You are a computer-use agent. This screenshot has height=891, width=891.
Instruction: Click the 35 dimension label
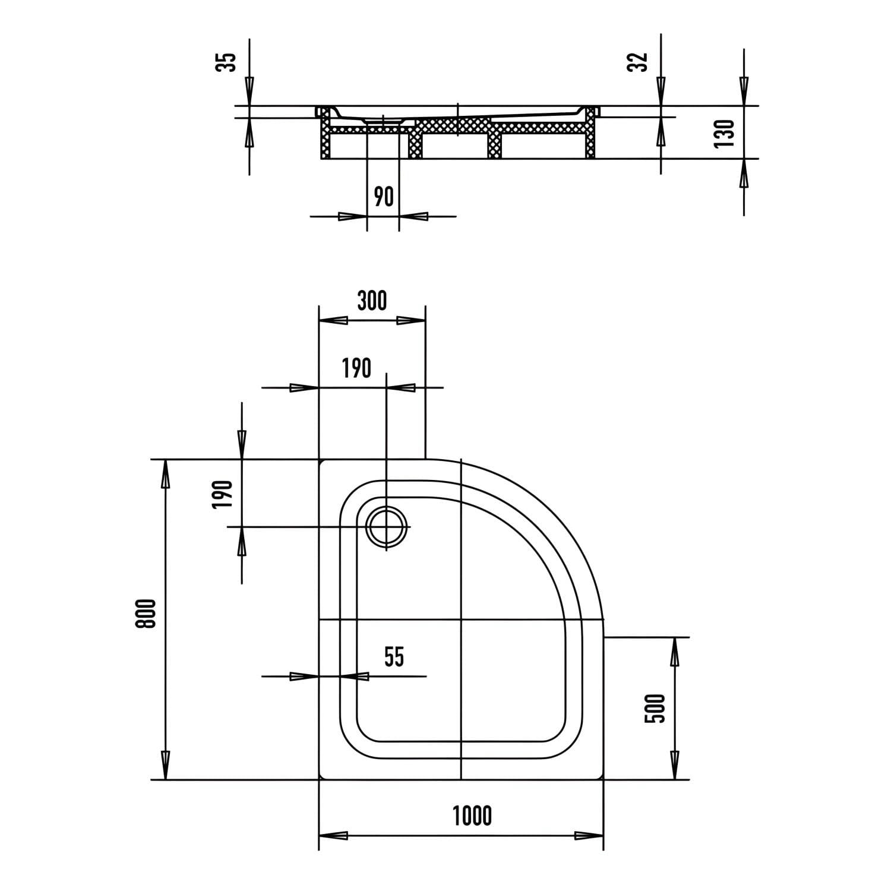226,62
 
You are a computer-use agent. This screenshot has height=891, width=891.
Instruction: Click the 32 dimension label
637,62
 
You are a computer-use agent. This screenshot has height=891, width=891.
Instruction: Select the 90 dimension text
384,197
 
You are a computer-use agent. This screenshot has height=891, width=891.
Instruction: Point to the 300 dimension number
372,301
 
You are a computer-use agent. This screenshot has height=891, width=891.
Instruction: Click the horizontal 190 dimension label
356,369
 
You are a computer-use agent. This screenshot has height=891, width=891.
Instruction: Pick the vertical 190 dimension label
222,494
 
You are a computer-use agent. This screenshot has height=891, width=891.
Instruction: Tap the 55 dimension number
394,657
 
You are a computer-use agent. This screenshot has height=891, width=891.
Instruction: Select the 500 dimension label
655,708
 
